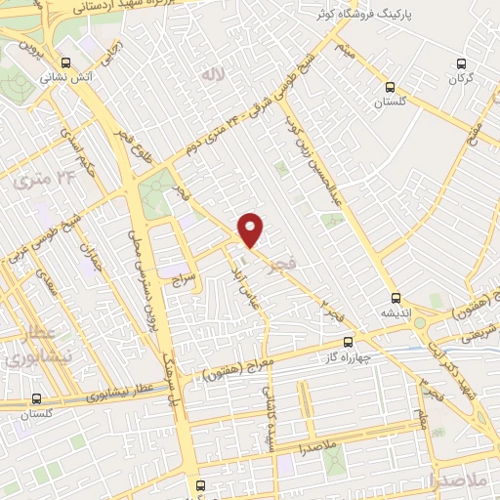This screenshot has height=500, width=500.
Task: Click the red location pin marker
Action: (x=251, y=229)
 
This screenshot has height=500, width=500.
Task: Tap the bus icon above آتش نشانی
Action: (x=64, y=60)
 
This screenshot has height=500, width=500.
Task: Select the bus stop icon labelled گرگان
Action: (x=463, y=64)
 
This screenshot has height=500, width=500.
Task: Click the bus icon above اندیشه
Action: (x=396, y=298)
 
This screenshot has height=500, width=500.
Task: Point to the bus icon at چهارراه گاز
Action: (x=350, y=343)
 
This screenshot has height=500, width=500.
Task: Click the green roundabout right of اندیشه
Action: (x=420, y=322)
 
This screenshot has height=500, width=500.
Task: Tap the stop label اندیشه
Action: (x=397, y=314)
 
